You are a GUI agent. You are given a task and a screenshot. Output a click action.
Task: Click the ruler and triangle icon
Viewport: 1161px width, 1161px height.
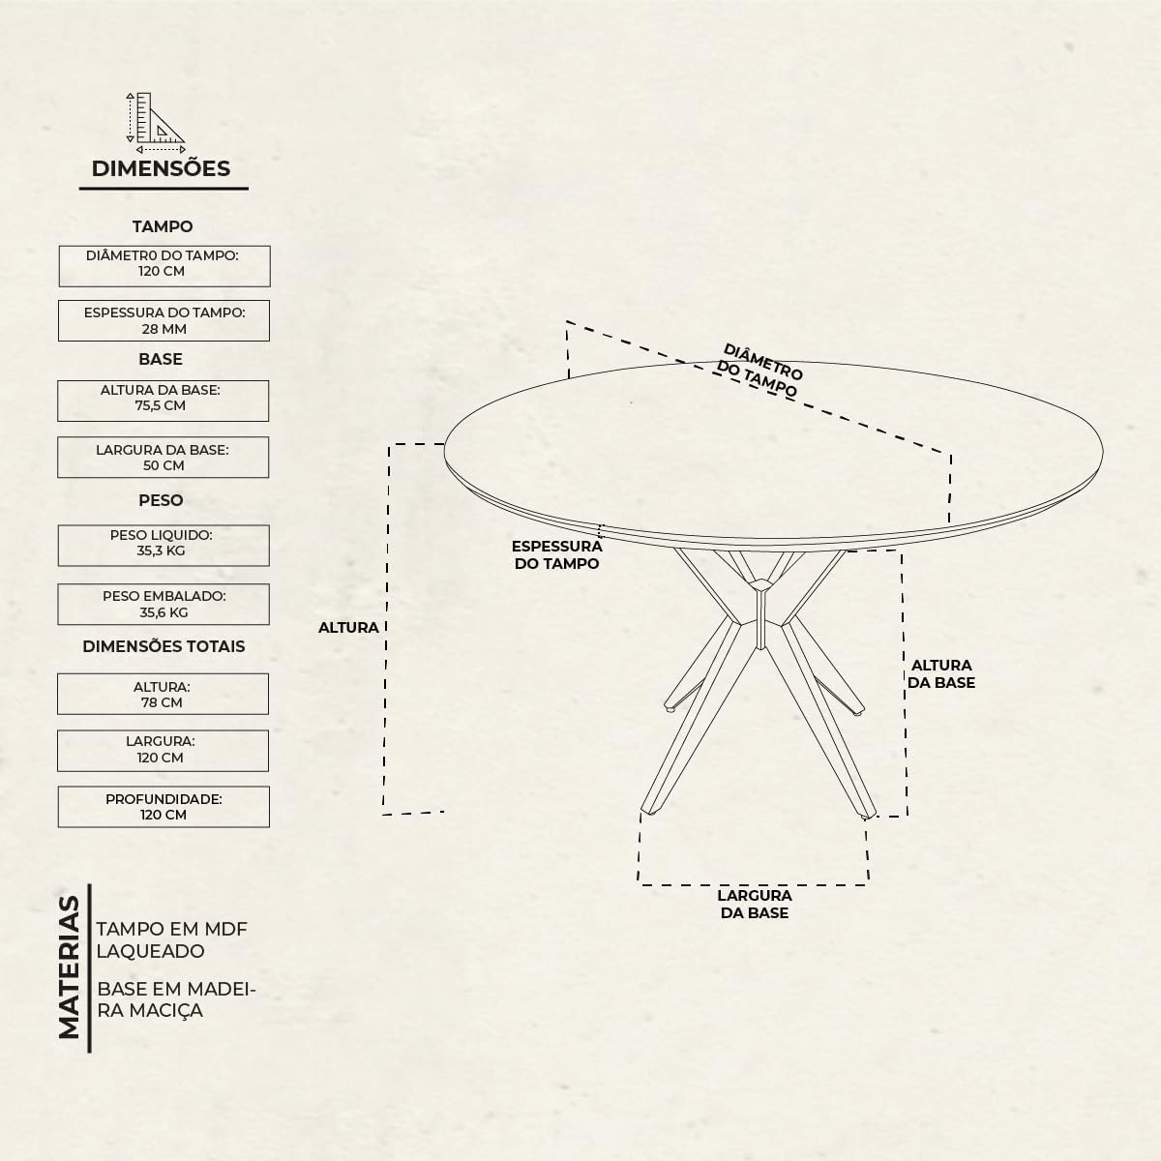pos(156,123)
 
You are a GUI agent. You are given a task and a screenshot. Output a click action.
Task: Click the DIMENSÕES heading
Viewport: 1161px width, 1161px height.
pos(161,168)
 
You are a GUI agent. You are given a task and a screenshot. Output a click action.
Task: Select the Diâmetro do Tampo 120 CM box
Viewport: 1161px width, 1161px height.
pos(164,266)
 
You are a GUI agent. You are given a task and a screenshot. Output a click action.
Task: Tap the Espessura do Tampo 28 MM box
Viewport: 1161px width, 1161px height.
pos(164,320)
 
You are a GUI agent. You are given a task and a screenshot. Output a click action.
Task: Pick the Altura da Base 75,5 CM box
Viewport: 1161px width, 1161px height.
pos(164,401)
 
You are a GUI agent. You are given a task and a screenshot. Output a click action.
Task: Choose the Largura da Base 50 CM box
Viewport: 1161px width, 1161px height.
pos(164,458)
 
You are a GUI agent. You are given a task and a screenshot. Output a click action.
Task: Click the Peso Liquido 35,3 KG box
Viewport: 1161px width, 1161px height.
pos(164,546)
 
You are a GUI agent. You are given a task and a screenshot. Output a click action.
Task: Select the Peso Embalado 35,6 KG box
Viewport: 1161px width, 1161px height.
pos(164,605)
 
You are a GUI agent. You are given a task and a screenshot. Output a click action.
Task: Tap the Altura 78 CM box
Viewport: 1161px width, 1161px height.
pos(164,694)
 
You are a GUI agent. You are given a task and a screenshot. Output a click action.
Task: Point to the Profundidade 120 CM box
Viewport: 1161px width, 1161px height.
pos(164,807)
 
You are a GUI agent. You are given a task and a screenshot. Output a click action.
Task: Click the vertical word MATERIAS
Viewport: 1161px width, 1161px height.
pos(69,967)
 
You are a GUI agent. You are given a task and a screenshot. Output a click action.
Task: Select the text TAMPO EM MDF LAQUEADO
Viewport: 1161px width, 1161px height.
pos(172,939)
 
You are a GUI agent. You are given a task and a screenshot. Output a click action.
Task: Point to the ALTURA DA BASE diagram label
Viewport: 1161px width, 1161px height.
pos(941,673)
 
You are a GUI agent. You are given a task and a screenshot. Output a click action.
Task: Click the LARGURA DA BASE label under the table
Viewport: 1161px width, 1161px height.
pos(755,904)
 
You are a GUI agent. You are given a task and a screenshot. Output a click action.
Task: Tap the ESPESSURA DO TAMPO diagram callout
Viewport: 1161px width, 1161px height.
pos(556,555)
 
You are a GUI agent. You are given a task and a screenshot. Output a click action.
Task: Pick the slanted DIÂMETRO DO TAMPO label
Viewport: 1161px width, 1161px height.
pos(759,370)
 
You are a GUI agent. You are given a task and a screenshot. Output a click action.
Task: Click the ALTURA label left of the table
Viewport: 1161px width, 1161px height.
pos(348,628)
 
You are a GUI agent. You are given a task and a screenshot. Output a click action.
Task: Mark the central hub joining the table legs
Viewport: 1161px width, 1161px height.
pos(761,614)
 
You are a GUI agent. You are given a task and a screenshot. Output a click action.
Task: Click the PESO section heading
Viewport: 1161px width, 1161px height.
pos(161,500)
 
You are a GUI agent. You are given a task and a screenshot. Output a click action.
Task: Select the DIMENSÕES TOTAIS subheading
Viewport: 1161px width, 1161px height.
pos(164,646)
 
